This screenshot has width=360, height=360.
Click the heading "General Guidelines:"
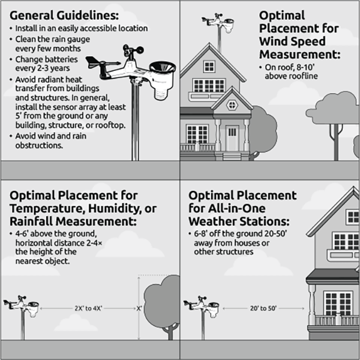pyautogui.click(x=64, y=16)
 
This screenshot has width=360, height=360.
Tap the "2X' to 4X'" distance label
pyautogui.click(x=88, y=308)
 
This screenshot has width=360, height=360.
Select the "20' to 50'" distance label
pyautogui.click(x=263, y=308)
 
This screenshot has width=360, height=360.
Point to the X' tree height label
pyautogui.click(x=139, y=308)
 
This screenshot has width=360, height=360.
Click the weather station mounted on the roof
pyautogui.click(x=218, y=23)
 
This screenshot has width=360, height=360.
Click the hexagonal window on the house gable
pyautogui.click(x=232, y=105)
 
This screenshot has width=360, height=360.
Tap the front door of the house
pyautogui.click(x=232, y=138)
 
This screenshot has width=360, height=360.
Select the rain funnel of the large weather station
pyautogui.click(x=163, y=68)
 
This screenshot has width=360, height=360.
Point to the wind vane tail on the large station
pyautogui.click(x=92, y=62)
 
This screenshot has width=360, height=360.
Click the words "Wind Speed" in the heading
pyautogui.click(x=292, y=41)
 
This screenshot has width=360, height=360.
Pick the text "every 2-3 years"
pyautogui.click(x=43, y=68)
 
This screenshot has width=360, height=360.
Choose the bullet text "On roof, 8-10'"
pyautogui.click(x=289, y=67)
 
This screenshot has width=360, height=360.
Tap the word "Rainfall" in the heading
pyautogui.click(x=31, y=221)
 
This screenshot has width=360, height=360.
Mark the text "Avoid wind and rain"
pyautogui.click(x=51, y=136)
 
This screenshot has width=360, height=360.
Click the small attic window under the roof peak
pyautogui.click(x=209, y=67)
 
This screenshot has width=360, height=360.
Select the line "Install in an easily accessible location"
pyautogui.click(x=82, y=28)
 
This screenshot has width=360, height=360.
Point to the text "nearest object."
pyautogui.click(x=43, y=261)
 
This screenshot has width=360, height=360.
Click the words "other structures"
pyautogui.click(x=224, y=251)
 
